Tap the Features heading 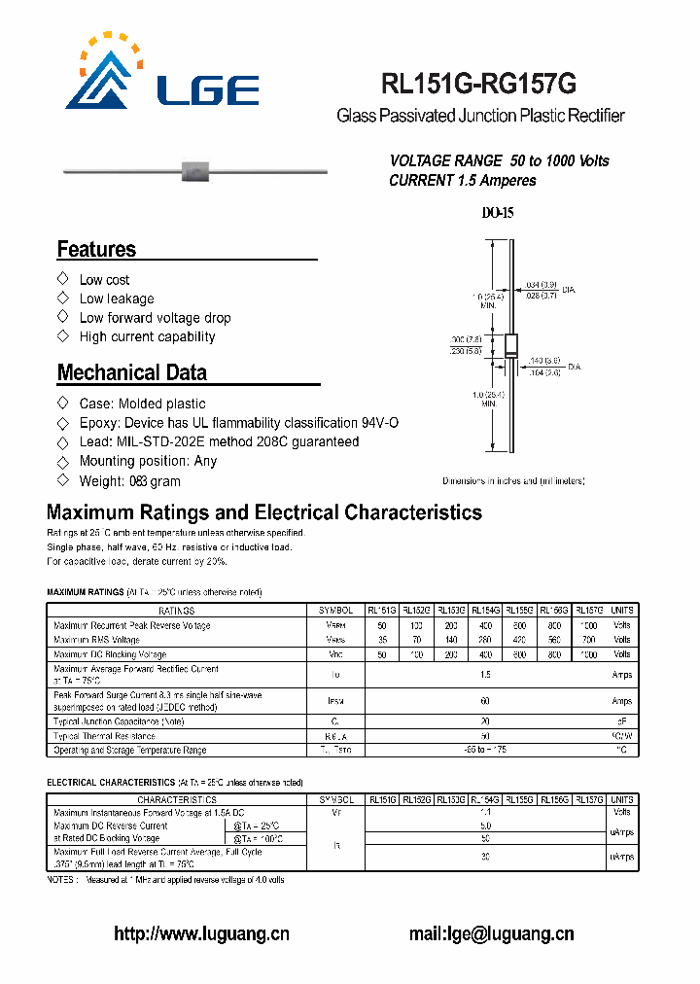(96, 249)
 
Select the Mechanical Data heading (131, 372)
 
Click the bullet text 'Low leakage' (117, 299)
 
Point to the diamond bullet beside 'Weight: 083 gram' (63, 480)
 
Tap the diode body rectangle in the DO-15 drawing (508, 347)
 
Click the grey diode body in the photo (195, 173)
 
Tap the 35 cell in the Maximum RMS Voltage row (382, 640)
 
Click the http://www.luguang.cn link (202, 933)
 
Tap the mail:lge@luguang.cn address (491, 933)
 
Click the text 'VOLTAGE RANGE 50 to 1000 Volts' (499, 160)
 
